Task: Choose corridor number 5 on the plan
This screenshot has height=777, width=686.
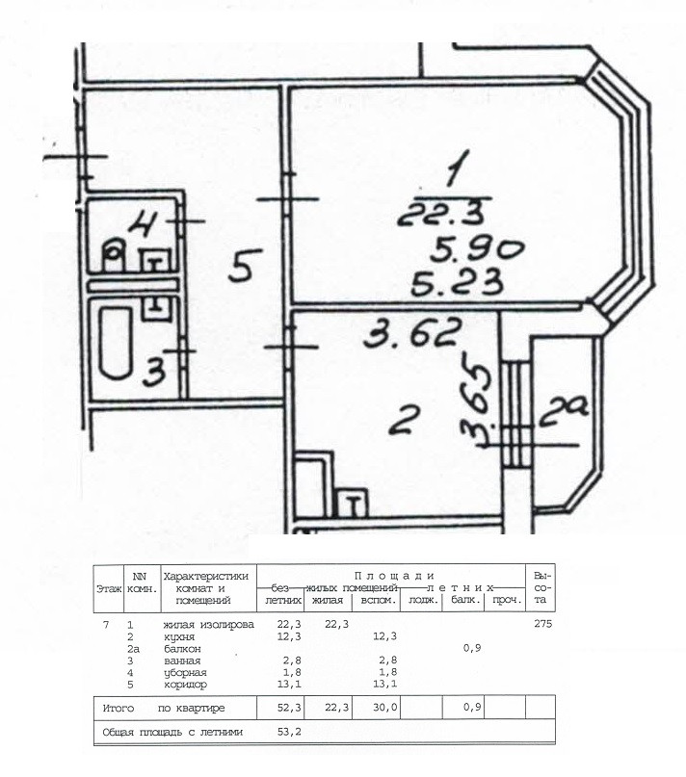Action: [241, 264]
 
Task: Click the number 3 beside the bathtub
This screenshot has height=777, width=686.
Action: [152, 371]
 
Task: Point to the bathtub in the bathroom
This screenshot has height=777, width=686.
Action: [115, 345]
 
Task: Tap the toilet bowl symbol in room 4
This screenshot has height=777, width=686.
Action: [115, 256]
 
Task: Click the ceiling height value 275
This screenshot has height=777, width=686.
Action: [543, 625]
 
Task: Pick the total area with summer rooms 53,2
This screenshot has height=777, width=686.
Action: [282, 733]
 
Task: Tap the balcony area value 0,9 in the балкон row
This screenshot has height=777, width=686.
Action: [471, 649]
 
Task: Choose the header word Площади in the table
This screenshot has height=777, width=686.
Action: [395, 575]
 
